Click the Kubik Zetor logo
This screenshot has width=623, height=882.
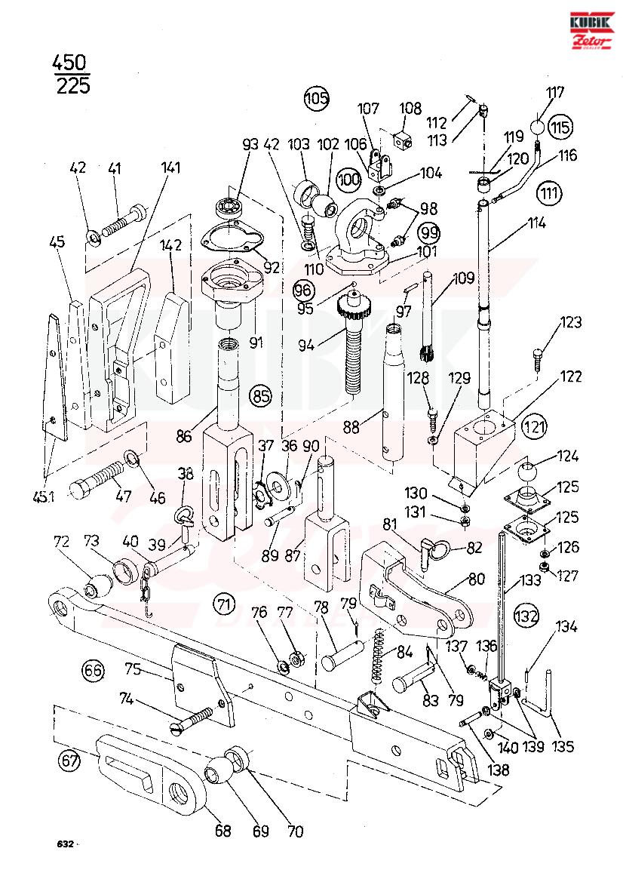(591, 31)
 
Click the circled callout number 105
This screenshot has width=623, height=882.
(317, 98)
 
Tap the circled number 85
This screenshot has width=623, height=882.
(262, 396)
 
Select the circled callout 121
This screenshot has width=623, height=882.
(533, 427)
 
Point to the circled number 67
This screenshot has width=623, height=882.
(69, 762)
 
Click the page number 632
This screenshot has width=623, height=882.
(65, 844)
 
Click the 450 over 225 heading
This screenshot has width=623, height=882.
(72, 74)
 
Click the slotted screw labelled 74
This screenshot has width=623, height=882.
(192, 720)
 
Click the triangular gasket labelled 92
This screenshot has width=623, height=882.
(233, 240)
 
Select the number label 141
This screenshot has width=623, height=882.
(170, 167)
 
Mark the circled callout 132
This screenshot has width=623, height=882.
(526, 616)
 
